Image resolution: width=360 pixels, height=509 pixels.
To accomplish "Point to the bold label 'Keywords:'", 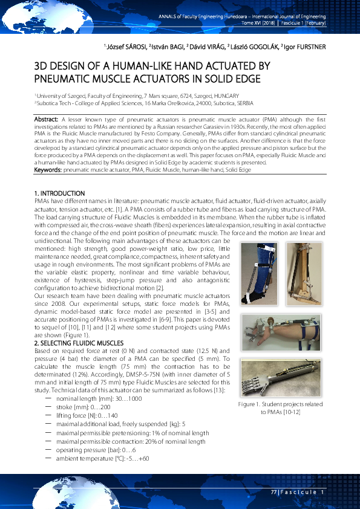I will (x=48, y=170).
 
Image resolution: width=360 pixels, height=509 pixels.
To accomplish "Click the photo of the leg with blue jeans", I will (x=257, y=272).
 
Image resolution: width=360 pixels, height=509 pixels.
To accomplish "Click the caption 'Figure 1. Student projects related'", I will (x=280, y=404).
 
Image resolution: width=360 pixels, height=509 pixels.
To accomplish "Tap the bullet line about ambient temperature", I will (x=102, y=458).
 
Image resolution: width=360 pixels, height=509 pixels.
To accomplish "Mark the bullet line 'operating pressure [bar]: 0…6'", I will (x=94, y=450).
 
